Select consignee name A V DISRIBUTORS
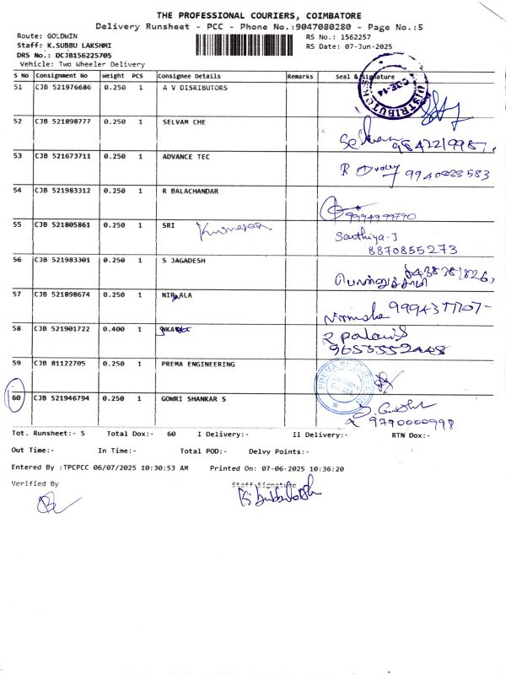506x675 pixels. click(x=194, y=88)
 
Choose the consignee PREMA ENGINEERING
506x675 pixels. click(x=198, y=364)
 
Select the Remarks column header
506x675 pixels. click(x=300, y=76)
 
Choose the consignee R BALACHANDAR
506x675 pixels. click(x=190, y=191)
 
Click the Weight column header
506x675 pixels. click(x=112, y=76)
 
